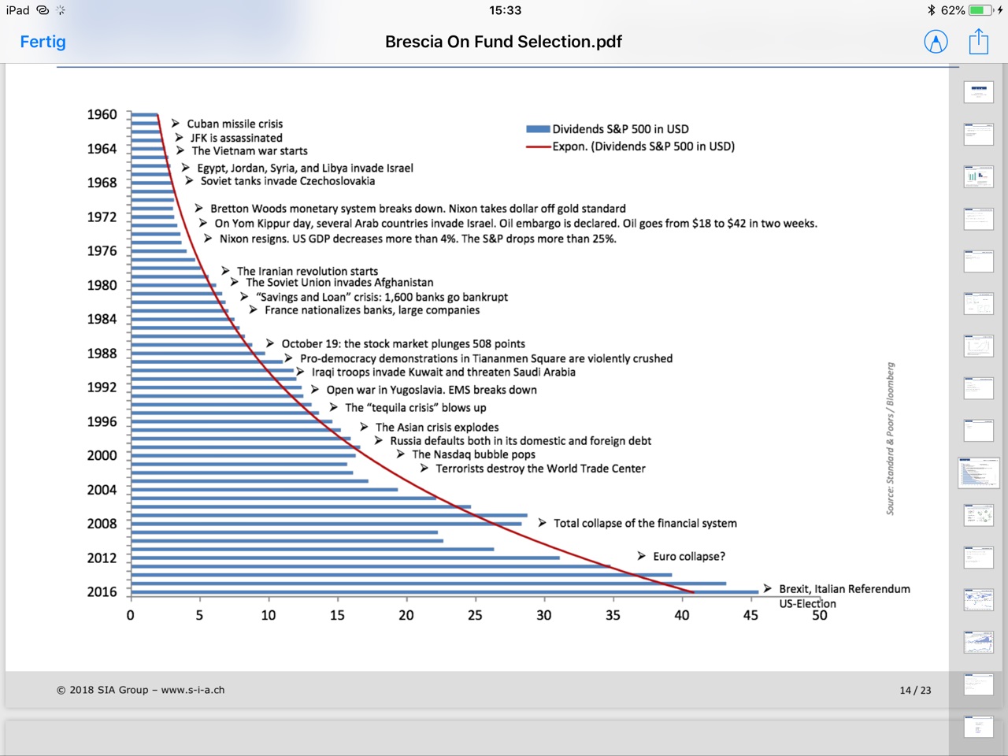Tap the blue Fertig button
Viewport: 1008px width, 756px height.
(43, 42)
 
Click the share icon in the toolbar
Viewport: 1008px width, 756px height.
(979, 42)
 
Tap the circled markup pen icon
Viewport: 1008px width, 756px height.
(936, 42)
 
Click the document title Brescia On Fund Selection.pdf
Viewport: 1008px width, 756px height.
(503, 42)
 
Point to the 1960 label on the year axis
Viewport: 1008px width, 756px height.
(102, 114)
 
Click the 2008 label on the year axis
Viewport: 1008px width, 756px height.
(102, 524)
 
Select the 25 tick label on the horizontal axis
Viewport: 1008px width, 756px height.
(475, 615)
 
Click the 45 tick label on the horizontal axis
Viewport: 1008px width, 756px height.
(750, 615)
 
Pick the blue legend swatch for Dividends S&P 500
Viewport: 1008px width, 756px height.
(538, 129)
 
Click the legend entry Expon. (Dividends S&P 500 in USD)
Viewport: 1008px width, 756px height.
(643, 146)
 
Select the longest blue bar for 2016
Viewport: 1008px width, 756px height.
(444, 592)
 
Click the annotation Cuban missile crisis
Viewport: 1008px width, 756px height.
(235, 124)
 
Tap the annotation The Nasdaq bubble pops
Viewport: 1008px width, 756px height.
(473, 454)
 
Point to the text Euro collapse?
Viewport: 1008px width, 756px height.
(689, 556)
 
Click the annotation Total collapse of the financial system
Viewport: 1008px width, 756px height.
(645, 523)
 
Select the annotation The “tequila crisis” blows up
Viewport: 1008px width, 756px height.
(415, 408)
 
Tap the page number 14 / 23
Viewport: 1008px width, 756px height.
(915, 691)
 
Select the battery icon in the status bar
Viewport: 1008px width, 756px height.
(981, 10)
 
